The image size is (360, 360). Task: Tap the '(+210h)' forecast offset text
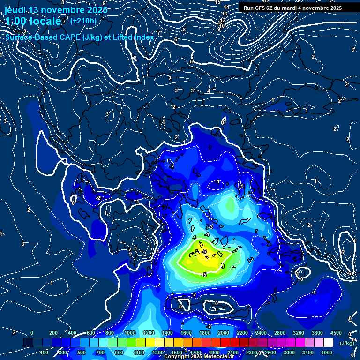point(83,21)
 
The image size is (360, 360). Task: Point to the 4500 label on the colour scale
point(336,333)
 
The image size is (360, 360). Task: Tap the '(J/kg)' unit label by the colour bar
point(347,343)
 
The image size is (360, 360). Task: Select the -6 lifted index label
point(204,252)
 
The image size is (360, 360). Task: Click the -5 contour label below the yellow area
point(204,275)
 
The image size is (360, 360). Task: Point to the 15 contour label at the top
point(217,2)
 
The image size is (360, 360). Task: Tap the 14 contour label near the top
point(226,7)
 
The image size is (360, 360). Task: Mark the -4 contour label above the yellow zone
point(206,234)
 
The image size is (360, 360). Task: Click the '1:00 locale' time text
point(33,21)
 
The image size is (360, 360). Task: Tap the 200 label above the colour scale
point(53,333)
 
